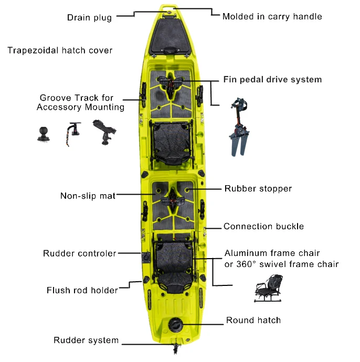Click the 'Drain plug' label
[89, 18]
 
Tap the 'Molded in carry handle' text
[272, 16]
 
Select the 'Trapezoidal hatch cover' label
[60, 50]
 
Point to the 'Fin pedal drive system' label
[272, 80]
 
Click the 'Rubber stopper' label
[258, 188]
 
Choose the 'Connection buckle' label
[263, 227]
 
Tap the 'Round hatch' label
[253, 320]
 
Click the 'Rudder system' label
[86, 340]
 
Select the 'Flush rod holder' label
[82, 290]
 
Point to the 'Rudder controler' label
[80, 253]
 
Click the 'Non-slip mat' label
[88, 196]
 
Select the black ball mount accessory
[43, 132]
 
